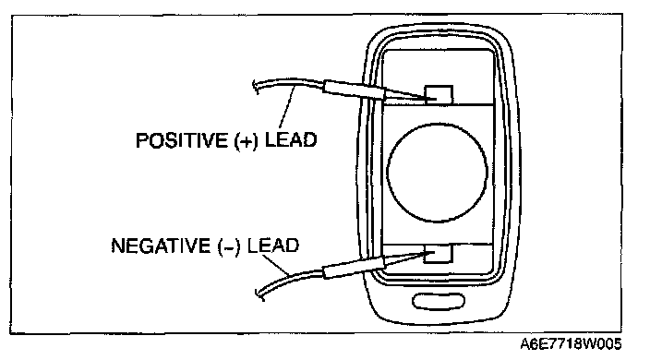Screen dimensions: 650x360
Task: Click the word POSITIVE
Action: (x=182, y=139)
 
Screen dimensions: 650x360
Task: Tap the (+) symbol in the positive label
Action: (x=246, y=141)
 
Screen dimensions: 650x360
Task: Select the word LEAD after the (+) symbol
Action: (x=291, y=139)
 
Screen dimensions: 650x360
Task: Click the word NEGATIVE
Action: (x=161, y=246)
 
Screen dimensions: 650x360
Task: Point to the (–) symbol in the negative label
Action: (x=229, y=246)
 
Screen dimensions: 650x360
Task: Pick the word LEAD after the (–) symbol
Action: (x=273, y=246)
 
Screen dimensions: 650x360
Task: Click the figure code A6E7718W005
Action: (x=571, y=343)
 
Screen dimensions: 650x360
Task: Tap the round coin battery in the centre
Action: (x=437, y=173)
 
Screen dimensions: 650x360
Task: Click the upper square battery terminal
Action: (x=439, y=94)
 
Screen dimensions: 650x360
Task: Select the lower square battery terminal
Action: (x=439, y=253)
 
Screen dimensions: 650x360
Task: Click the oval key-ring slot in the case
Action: (x=439, y=301)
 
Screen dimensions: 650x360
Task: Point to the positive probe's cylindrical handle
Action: (x=355, y=90)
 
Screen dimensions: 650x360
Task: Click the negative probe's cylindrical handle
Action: (x=355, y=268)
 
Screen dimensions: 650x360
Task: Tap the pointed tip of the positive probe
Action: (x=435, y=99)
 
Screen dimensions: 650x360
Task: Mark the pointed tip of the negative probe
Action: (x=433, y=252)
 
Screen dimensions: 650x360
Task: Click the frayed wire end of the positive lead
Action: (x=256, y=87)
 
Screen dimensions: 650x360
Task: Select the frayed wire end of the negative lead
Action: (x=259, y=294)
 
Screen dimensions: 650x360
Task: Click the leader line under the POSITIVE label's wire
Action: (x=287, y=108)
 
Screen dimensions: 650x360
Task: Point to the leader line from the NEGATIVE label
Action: (x=275, y=265)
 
